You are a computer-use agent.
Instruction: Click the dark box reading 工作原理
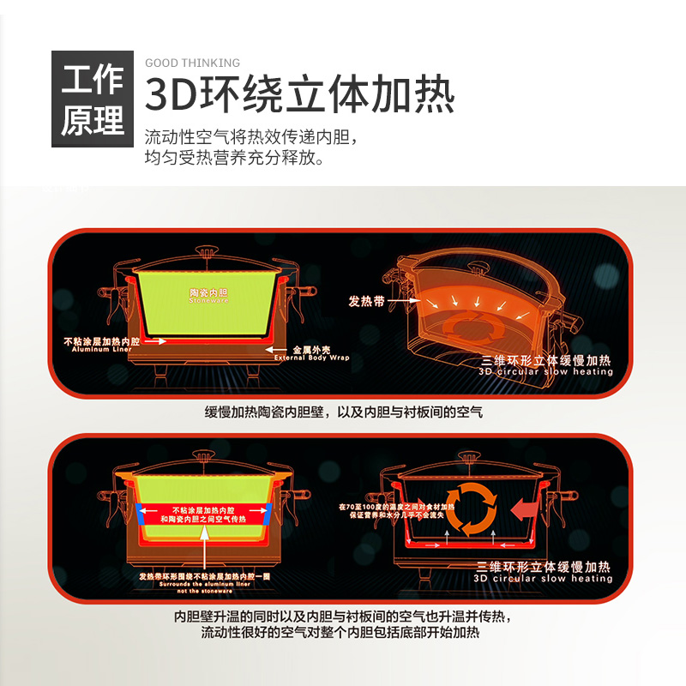93,99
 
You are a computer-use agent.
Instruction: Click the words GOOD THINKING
192,63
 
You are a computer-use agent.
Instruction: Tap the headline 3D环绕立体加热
299,94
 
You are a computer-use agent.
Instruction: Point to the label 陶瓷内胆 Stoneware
209,295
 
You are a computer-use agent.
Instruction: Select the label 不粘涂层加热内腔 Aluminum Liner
113,345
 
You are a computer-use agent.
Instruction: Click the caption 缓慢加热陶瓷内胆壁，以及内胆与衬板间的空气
343,412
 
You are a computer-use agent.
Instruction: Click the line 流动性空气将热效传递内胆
250,137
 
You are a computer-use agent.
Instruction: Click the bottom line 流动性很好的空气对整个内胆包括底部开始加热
340,634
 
